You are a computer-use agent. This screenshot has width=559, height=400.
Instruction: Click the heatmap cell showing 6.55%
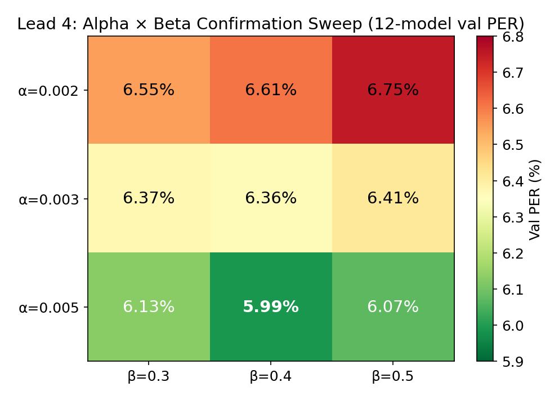(x=149, y=90)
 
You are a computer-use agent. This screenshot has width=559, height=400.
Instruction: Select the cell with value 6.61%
(x=271, y=90)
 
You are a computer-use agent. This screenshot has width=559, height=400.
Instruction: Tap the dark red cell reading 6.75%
(x=393, y=90)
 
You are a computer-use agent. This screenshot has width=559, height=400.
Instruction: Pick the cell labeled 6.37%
(x=149, y=198)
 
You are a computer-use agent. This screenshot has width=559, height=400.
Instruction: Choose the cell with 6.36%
(x=271, y=198)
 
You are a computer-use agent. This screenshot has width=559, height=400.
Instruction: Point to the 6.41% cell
(x=393, y=198)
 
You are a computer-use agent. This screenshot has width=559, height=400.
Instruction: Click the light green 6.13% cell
(x=149, y=307)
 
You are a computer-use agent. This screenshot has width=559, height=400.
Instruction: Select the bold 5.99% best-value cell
(x=271, y=307)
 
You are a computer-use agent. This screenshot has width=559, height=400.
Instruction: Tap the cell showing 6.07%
(x=393, y=307)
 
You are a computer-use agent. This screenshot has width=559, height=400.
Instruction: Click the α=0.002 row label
(x=48, y=90)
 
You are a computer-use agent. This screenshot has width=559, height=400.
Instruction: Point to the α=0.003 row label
(x=48, y=199)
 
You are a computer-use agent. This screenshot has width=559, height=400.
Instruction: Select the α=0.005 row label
(x=48, y=308)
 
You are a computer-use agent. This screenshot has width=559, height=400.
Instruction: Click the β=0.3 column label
(x=149, y=376)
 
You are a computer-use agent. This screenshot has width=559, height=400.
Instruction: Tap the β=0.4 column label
(x=271, y=376)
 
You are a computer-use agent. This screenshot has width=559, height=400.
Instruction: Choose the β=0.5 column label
(x=393, y=376)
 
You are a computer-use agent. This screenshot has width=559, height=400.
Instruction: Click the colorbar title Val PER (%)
(x=535, y=199)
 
